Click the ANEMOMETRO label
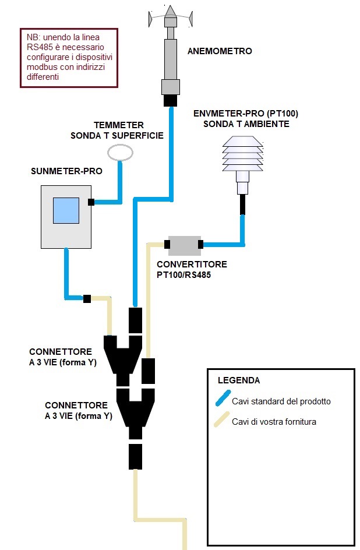point(220,51)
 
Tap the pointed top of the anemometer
point(170,6)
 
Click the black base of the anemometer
point(170,100)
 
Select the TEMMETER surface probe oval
point(120,153)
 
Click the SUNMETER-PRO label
point(66,171)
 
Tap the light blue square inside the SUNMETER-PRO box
point(66,210)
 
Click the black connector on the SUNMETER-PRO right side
point(91,202)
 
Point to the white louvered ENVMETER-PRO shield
point(242,154)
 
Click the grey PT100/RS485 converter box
point(185,245)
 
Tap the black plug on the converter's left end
point(167,244)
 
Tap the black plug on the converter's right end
point(200,244)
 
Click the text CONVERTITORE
point(192,264)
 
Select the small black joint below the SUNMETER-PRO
point(87,299)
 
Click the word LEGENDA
point(239,380)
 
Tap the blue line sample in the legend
point(223,399)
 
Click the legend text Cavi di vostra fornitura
point(274,422)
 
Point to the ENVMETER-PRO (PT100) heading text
point(246,114)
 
